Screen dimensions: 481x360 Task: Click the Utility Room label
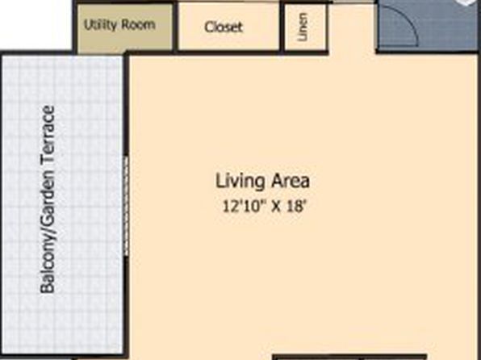point(119,24)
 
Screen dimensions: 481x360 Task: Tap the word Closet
point(224,27)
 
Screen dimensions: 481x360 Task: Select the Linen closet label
point(303,27)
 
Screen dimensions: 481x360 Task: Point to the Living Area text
point(262,181)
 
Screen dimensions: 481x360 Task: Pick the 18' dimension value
point(297,207)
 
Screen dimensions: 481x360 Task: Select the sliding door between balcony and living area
point(126,206)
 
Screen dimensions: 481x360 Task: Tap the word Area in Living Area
point(291,181)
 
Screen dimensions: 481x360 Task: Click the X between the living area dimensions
point(276,207)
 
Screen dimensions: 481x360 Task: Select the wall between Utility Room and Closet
point(175,27)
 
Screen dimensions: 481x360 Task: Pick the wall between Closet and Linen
point(282,27)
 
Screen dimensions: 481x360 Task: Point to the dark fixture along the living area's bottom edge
point(349,358)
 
